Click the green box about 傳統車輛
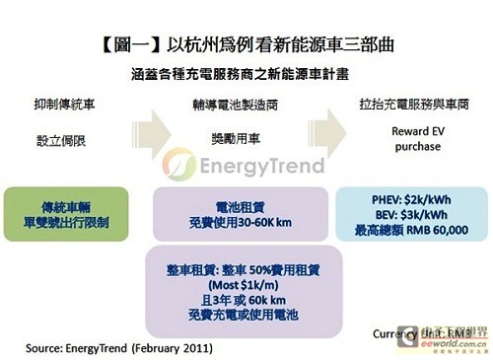coord(65,214)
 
